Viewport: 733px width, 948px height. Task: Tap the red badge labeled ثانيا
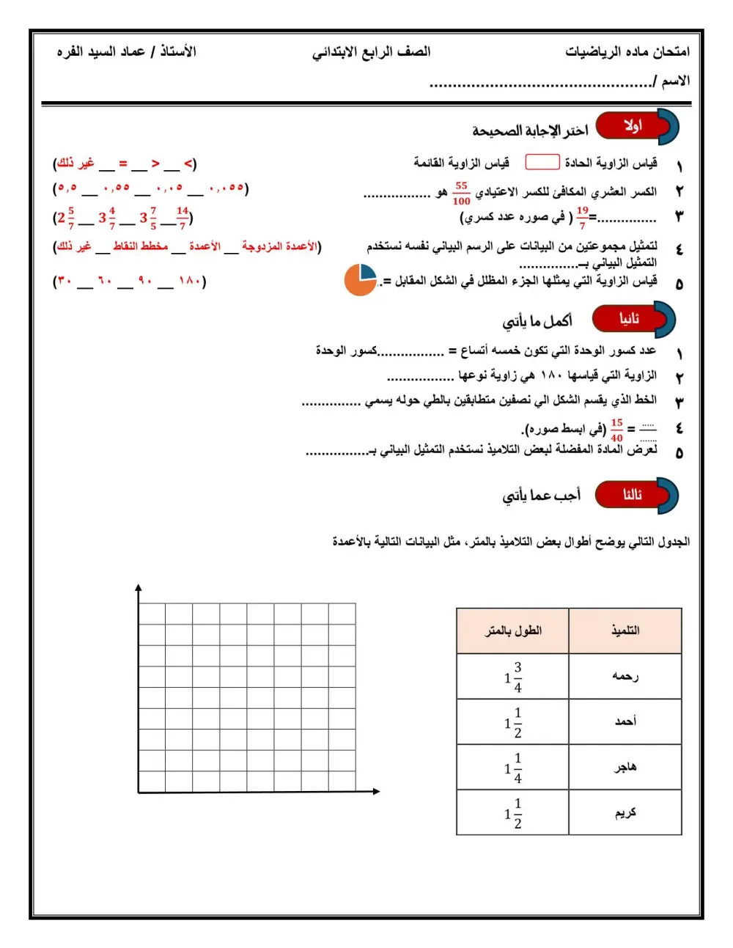[x=630, y=319]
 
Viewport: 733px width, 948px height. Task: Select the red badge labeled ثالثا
[x=632, y=495]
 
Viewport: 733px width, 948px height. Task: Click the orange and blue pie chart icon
[x=361, y=280]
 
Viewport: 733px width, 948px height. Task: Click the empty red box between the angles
[x=542, y=162]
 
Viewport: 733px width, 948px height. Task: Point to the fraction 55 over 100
[x=461, y=193]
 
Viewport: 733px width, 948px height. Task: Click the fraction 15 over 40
[x=616, y=430]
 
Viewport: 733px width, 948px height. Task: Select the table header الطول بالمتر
[x=513, y=631]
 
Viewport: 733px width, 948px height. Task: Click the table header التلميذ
[x=625, y=631]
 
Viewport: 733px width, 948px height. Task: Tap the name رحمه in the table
[x=625, y=676]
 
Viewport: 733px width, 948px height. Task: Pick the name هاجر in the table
[x=625, y=767]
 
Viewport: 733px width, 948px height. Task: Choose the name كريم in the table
[x=625, y=812]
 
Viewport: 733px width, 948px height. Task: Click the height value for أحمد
[x=513, y=722]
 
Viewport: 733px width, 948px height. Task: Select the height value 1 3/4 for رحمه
[x=513, y=677]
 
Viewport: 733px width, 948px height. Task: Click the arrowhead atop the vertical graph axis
[x=138, y=587]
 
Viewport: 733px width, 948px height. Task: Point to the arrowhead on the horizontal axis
[x=376, y=791]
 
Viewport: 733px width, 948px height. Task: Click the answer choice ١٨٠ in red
[x=190, y=281]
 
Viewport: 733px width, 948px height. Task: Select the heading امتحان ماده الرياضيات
[x=627, y=51]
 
